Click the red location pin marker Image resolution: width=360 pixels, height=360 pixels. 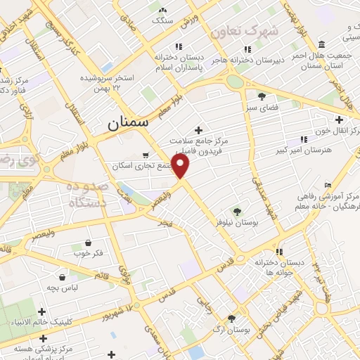coord(181,166)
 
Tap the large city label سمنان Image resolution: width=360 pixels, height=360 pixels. coord(129,122)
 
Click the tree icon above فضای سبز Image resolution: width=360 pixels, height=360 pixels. coord(262,97)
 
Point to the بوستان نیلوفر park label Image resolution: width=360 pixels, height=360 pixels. coord(236,223)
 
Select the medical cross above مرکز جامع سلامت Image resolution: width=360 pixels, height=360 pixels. coord(199,130)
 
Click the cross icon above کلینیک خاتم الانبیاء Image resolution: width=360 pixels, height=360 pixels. coord(41,311)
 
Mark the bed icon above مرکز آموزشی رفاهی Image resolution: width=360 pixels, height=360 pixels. coord(328,185)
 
